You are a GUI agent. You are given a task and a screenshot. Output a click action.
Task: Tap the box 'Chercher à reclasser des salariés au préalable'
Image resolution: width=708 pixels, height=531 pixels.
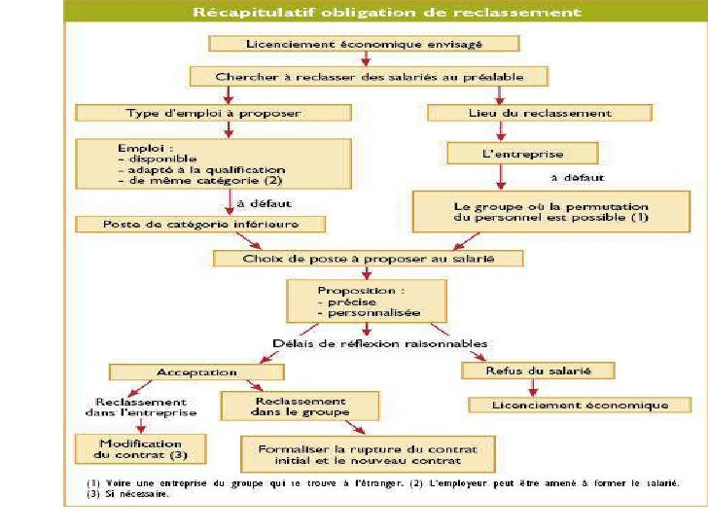[x=369, y=76]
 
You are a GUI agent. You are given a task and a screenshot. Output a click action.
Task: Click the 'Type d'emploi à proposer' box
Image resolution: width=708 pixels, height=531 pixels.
[x=213, y=113]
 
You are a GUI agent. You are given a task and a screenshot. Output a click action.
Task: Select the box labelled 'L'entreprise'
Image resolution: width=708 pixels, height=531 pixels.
[x=507, y=154]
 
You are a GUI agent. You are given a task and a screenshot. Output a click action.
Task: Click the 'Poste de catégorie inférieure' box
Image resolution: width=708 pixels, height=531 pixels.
[x=200, y=224]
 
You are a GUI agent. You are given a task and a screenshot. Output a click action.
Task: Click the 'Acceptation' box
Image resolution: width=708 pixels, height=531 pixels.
[x=196, y=372]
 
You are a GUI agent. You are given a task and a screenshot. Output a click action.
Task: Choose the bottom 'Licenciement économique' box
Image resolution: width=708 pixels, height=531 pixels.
[x=581, y=405]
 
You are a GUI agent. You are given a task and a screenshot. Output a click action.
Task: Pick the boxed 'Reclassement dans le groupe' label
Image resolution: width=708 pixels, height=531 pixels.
[x=285, y=406]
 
